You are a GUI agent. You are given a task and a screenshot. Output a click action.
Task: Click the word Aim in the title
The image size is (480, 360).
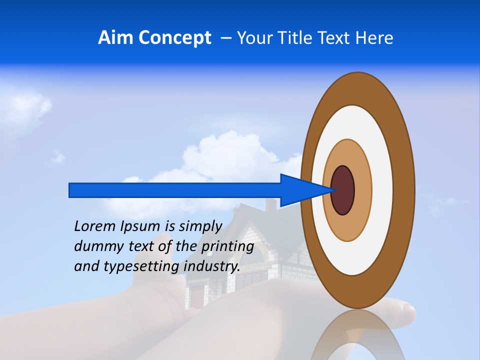click(116, 38)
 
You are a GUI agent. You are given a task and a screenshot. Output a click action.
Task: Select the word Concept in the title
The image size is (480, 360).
click(175, 38)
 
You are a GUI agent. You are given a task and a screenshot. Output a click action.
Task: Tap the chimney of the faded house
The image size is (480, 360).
click(270, 205)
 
